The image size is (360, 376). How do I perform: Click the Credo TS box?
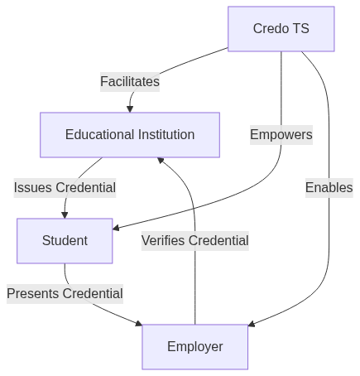tap(281, 29)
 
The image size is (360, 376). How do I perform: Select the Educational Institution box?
tap(130, 135)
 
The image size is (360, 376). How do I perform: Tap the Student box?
tap(65, 241)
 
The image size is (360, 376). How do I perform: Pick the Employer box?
tap(195, 347)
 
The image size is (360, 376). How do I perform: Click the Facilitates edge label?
tap(130, 82)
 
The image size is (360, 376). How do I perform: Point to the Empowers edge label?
tap(281, 135)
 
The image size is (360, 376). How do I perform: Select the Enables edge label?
tap(329, 188)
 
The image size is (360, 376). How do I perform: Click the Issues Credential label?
tap(65, 188)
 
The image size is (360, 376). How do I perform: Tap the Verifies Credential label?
tap(195, 241)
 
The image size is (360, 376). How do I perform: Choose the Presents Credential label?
tap(65, 294)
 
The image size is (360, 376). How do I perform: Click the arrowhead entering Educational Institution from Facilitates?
tap(130, 109)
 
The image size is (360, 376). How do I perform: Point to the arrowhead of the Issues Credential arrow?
tap(65, 215)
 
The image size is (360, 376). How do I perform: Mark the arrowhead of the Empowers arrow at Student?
tap(116, 228)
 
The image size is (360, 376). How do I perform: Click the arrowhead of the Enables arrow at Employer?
tap(252, 324)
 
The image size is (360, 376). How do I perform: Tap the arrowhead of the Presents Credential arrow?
tap(139, 323)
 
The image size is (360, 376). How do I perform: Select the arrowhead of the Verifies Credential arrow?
tap(161, 160)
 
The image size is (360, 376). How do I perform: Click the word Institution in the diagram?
tap(166, 135)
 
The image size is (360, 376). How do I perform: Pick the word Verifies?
tap(163, 240)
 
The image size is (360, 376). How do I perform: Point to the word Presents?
tap(33, 293)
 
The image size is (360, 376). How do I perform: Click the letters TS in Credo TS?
tap(301, 29)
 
